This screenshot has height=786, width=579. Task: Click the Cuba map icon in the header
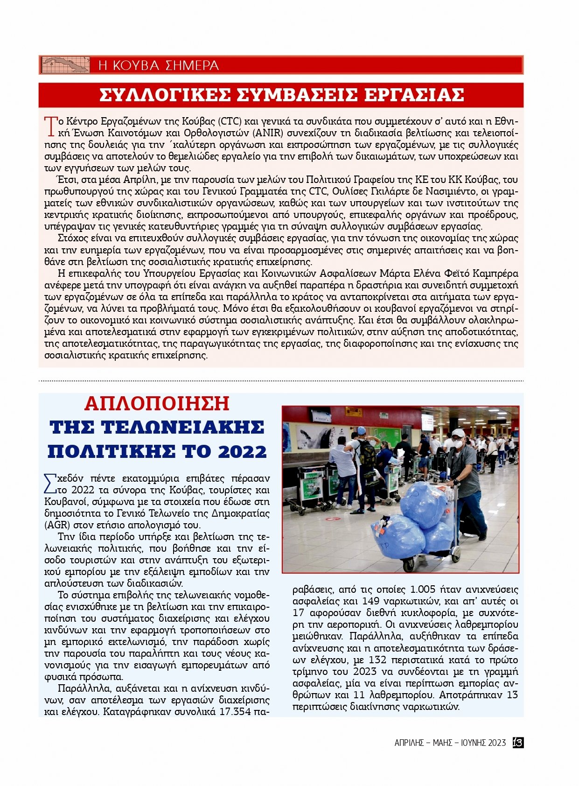coord(65,65)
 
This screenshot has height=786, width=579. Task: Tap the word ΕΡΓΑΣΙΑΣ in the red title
coord(414,95)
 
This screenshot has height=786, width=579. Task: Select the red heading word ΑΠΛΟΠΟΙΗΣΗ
coord(157,404)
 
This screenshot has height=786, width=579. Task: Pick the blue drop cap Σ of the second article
coord(49,484)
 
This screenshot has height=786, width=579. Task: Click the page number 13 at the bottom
coord(517,743)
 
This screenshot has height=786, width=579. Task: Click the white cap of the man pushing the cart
coord(458,433)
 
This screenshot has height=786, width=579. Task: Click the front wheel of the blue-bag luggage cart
coord(408,565)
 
